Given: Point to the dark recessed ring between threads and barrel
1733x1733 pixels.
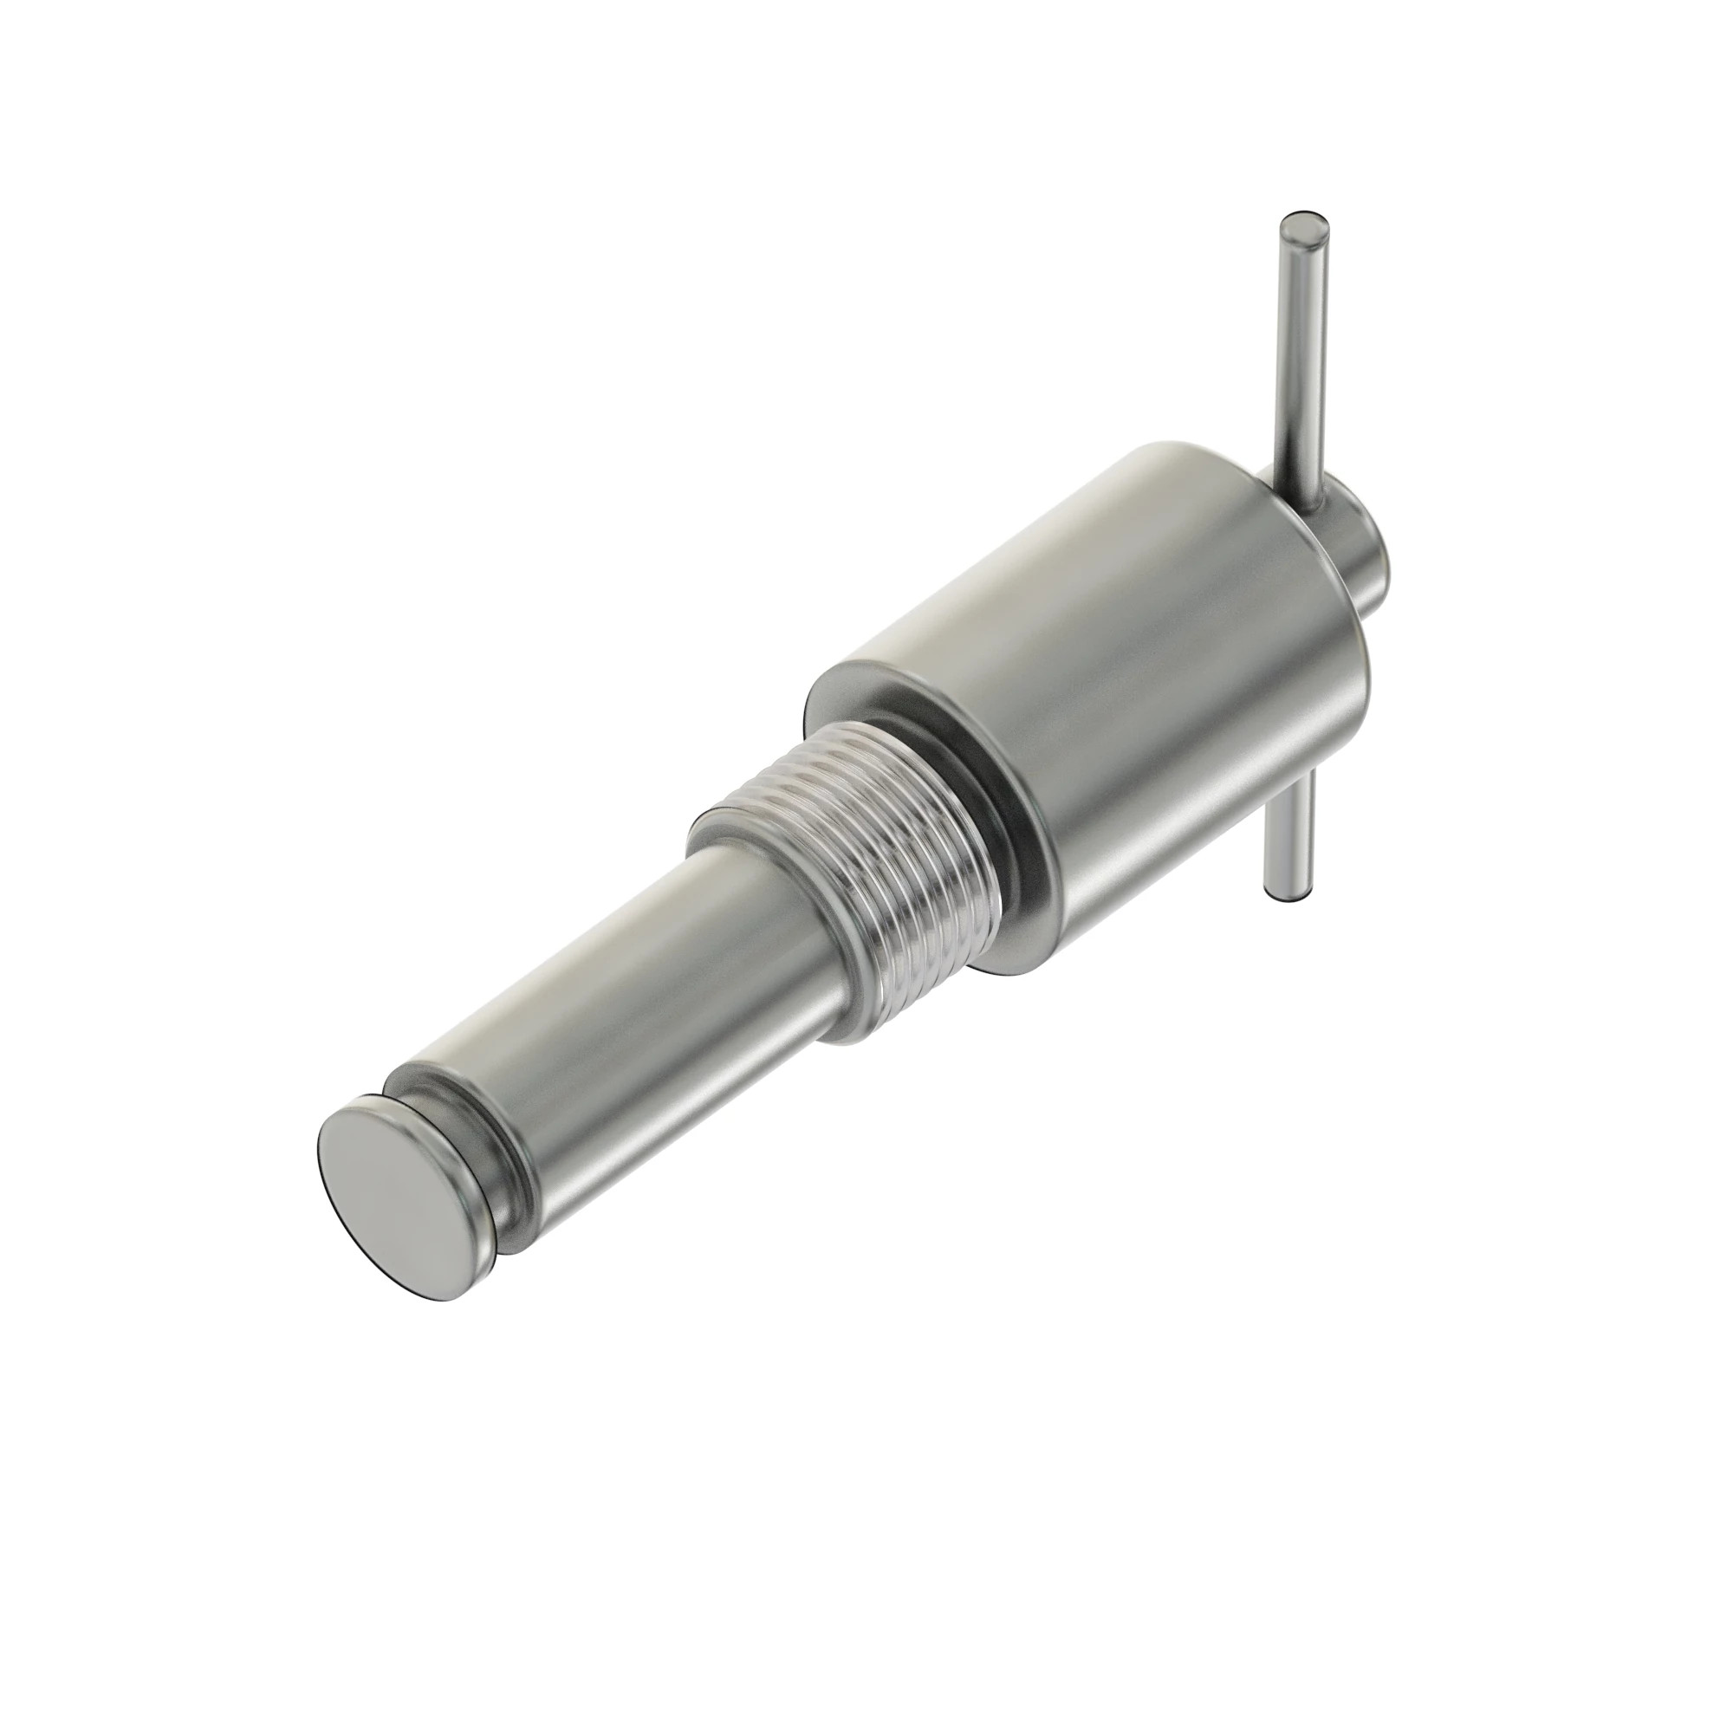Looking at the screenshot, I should pos(1004,808).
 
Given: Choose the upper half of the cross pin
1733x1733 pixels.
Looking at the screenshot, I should pos(1301,359).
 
